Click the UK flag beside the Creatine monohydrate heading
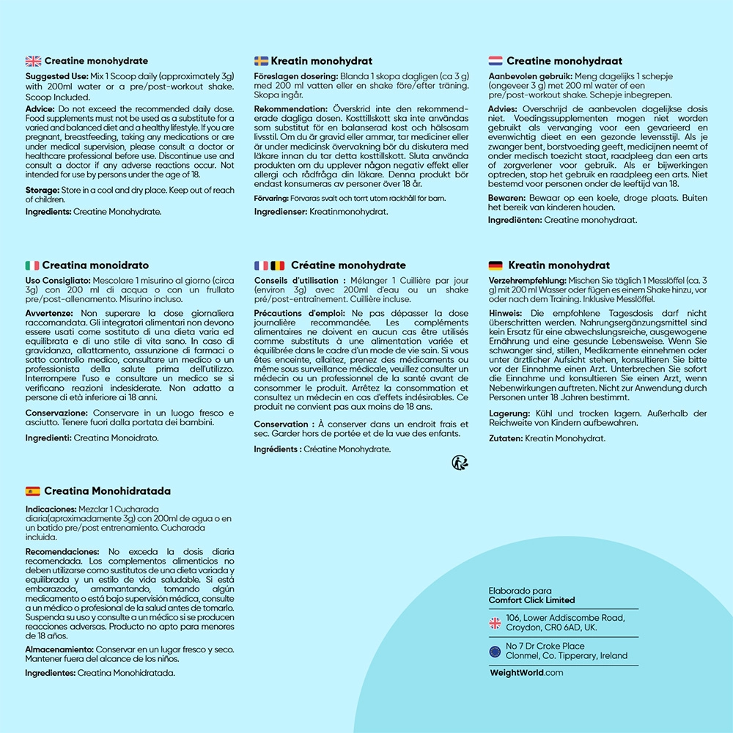click(x=33, y=61)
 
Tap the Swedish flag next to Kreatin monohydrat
click(x=261, y=61)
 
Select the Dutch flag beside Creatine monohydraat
click(x=496, y=61)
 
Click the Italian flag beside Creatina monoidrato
click(x=32, y=265)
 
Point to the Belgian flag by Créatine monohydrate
click(x=278, y=265)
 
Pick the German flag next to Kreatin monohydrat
click(x=496, y=265)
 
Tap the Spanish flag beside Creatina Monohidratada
click(x=33, y=491)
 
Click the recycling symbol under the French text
click(x=460, y=462)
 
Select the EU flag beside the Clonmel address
click(x=495, y=651)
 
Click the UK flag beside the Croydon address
click(x=495, y=623)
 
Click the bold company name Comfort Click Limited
click(x=531, y=600)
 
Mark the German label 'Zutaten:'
click(x=506, y=438)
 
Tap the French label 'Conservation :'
click(x=281, y=424)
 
